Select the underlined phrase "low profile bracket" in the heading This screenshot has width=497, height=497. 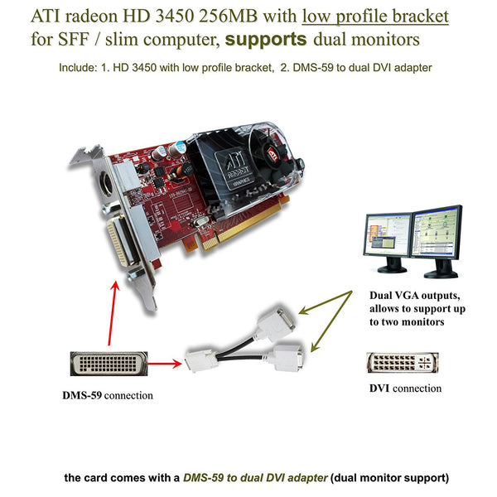(x=375, y=16)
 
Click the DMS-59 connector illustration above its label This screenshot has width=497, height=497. (x=107, y=364)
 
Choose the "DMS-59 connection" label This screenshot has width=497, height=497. (x=108, y=396)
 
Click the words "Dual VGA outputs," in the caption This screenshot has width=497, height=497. (x=409, y=294)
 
